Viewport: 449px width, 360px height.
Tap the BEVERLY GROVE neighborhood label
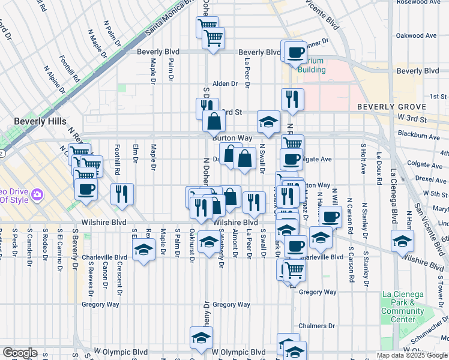391,107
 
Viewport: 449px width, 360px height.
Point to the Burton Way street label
232,137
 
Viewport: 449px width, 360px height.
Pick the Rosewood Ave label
420,2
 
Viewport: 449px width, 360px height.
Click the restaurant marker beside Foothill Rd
122,194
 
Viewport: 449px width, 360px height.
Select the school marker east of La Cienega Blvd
402,241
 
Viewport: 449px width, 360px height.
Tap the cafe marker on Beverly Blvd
294,53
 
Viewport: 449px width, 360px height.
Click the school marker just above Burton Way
268,122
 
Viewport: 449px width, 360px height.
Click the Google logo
20,353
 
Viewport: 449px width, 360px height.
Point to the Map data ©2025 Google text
411,355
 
